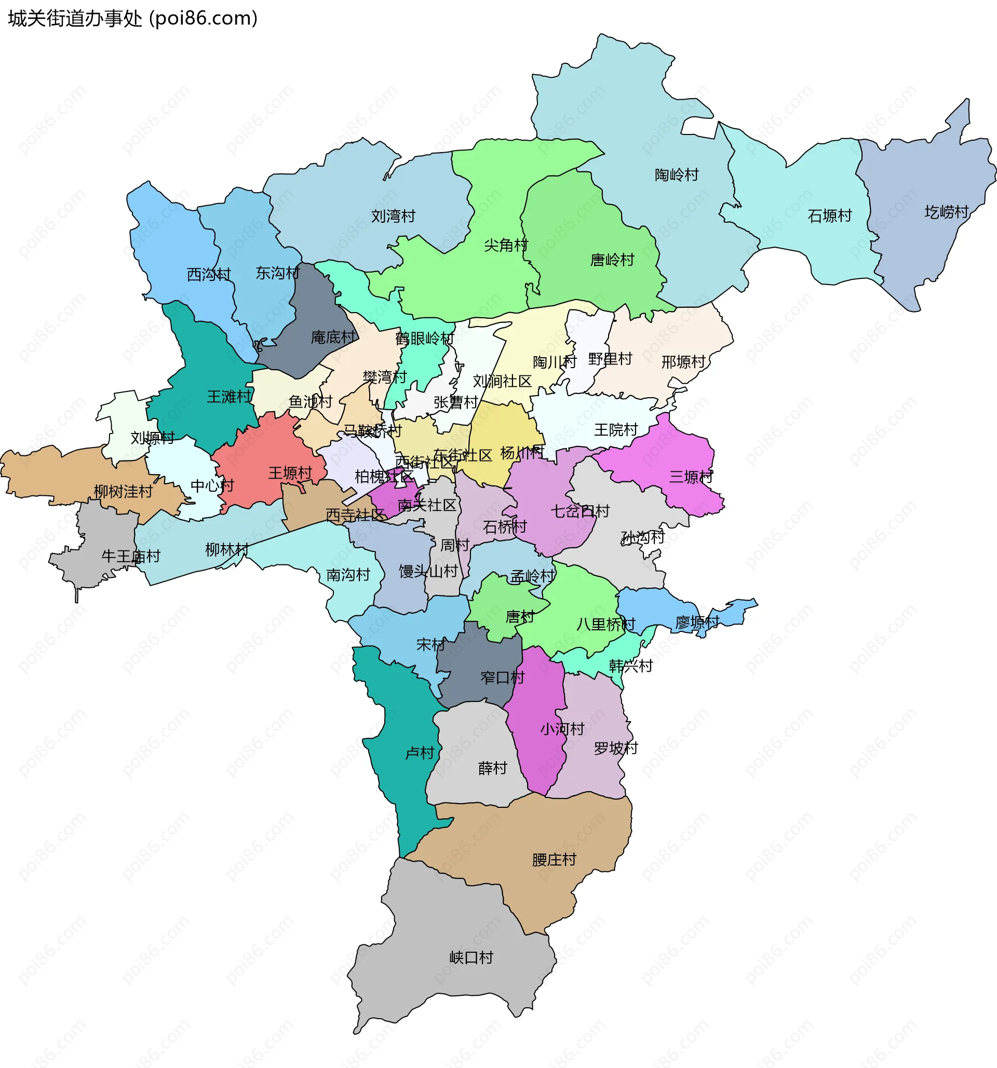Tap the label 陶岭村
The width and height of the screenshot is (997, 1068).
coord(676,175)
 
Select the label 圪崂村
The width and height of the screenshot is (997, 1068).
coord(946,212)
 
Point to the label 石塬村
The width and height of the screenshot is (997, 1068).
coord(829,216)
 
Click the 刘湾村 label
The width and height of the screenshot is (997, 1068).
coord(393,217)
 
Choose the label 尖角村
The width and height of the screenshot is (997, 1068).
coord(505,246)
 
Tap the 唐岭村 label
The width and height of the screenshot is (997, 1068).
coord(612,260)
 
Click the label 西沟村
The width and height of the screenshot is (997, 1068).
coord(208,275)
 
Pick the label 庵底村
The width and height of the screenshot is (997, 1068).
coord(332,337)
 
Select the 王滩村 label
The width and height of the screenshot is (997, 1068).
coord(229,397)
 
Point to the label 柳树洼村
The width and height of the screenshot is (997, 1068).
coord(123,492)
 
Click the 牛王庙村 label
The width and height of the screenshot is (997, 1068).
coord(130,557)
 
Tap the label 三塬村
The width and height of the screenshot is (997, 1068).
coord(691,477)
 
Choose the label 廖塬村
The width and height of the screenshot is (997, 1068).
coord(697,623)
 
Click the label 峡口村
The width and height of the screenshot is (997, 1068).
coord(470,957)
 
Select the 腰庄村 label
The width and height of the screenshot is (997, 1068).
coord(554,860)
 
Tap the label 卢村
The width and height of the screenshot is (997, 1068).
coord(419,753)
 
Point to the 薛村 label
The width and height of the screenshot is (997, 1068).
coord(492,768)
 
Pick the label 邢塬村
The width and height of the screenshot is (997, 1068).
coord(683,362)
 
